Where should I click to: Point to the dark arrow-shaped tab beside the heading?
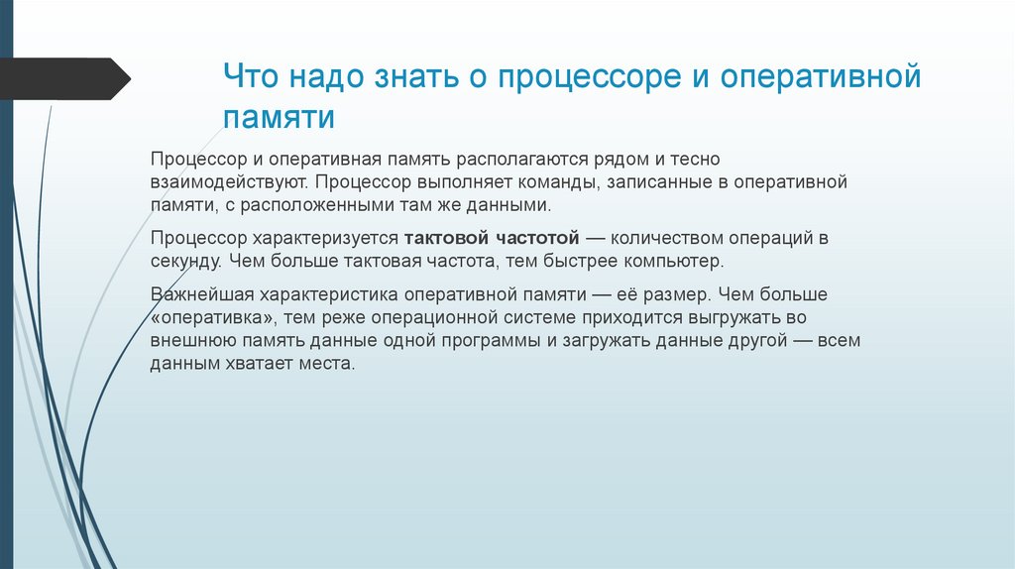pos(64,78)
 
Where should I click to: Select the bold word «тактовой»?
pos(444,240)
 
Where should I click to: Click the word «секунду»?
pos(186,263)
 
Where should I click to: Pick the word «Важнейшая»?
pos(199,296)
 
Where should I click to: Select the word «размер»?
pos(678,296)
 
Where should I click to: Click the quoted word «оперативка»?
pos(215,319)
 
